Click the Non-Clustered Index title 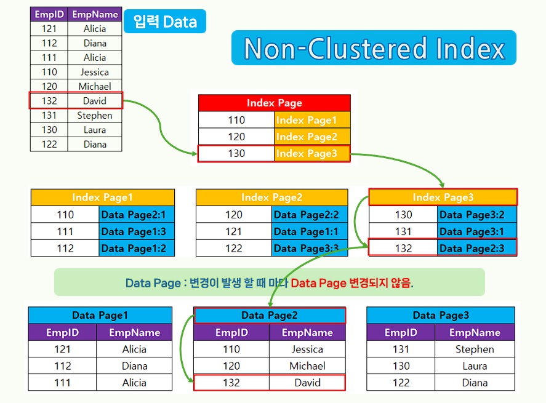pos(374,48)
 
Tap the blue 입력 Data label pos(164,22)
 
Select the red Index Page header pos(274,103)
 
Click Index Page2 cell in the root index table pos(311,137)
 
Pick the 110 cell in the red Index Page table pos(236,120)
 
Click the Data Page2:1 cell pos(136,215)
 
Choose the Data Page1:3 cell pos(136,231)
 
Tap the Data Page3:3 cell pos(306,248)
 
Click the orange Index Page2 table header pos(271,198)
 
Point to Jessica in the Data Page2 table pos(307,349)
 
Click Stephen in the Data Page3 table pos(475,349)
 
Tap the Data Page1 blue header pos(100,315)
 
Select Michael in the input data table pos(95,86)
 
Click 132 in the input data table pos(49,101)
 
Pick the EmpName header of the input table pos(95,14)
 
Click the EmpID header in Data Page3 pos(401,332)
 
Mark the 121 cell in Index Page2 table pos(234,231)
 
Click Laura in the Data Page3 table pos(475,365)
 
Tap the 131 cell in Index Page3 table pos(403,231)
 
